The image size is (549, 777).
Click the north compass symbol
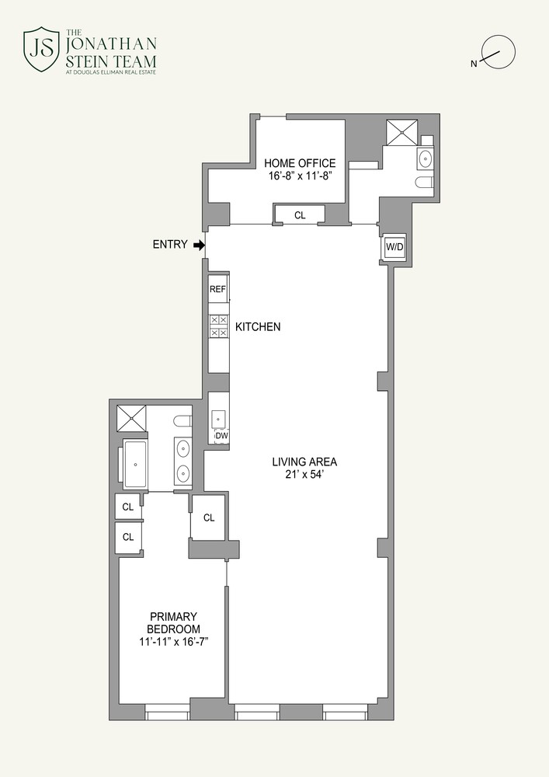[x=497, y=52]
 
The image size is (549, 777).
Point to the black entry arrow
[x=199, y=245]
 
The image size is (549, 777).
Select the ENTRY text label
[x=169, y=245]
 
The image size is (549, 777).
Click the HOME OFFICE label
[x=300, y=163]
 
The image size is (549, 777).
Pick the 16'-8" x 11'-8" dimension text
[x=300, y=177]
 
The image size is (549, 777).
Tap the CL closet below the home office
[x=300, y=215]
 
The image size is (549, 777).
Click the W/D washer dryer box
[x=394, y=247]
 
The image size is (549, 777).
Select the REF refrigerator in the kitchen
[x=217, y=289]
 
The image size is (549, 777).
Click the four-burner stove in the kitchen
[x=217, y=326]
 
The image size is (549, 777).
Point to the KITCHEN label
[x=258, y=327]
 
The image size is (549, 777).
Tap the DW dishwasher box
[x=221, y=436]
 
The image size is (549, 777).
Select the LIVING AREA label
[x=304, y=462]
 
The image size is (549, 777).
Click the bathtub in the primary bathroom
[x=136, y=464]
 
